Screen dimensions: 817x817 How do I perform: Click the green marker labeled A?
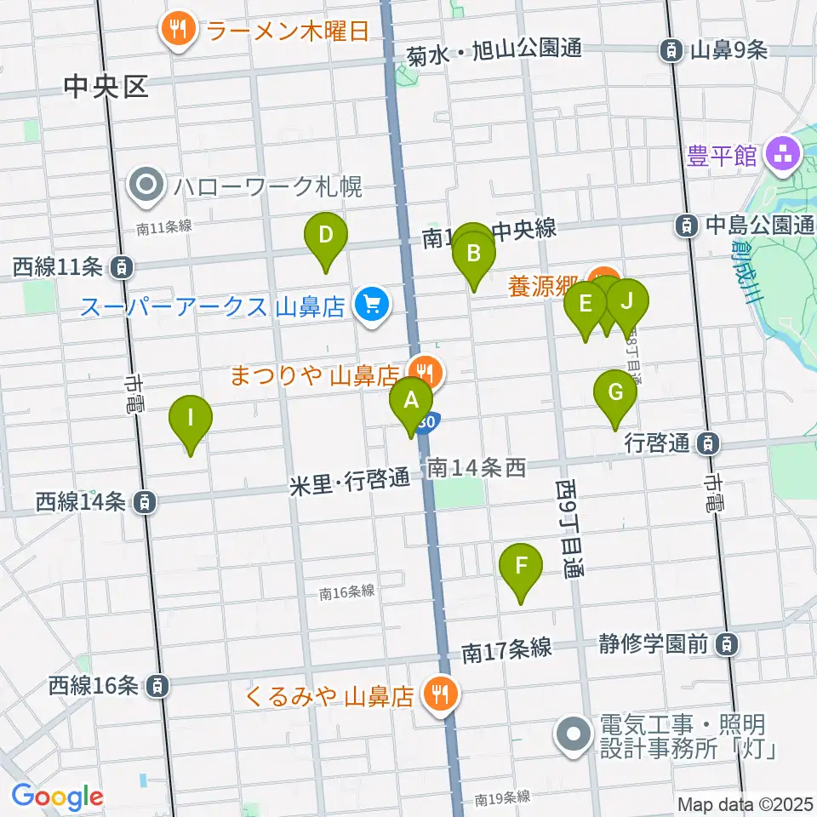pyautogui.click(x=411, y=398)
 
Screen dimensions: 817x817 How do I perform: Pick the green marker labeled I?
pyautogui.click(x=191, y=418)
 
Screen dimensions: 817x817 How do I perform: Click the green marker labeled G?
pyautogui.click(x=614, y=392)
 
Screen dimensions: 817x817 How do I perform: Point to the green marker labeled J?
pyautogui.click(x=628, y=301)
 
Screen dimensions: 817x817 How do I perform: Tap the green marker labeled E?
pyautogui.click(x=585, y=303)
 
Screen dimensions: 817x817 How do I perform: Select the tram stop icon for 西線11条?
pyautogui.click(x=124, y=268)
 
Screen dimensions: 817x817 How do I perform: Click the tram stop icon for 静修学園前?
pyautogui.click(x=726, y=643)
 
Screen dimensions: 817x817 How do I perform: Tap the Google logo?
pyautogui.click(x=58, y=797)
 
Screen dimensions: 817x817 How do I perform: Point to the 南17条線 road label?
pyautogui.click(x=507, y=651)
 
